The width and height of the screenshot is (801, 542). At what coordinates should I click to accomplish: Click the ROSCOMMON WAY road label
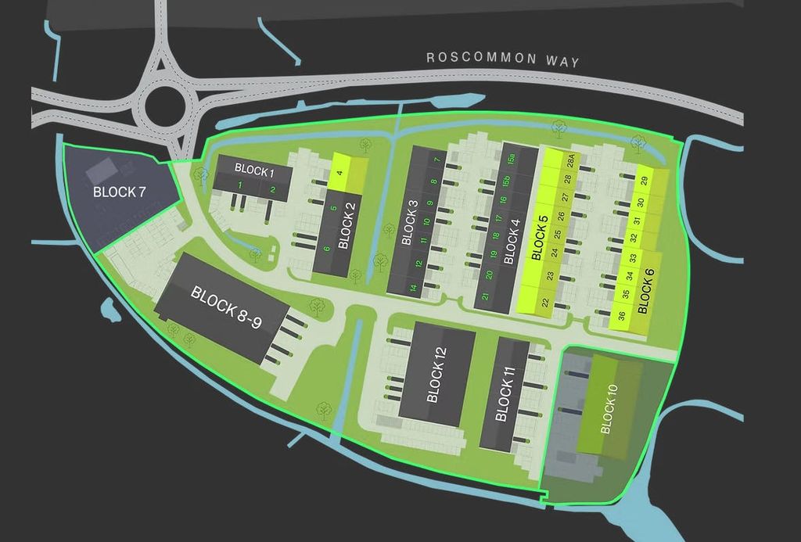502,59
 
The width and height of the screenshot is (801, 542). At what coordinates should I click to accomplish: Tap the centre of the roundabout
167,102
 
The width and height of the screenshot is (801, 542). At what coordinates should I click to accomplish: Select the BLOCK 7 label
119,192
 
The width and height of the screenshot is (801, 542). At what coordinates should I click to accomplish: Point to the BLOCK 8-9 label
226,308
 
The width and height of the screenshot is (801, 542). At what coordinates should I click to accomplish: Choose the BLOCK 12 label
436,375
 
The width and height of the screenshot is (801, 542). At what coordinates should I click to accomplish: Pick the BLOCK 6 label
645,289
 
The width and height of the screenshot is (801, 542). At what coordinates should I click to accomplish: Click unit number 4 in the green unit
339,173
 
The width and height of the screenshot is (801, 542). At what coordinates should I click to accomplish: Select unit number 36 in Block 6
621,317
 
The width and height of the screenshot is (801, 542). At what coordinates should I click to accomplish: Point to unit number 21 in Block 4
485,296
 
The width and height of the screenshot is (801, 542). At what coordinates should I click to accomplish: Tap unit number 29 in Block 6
644,181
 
